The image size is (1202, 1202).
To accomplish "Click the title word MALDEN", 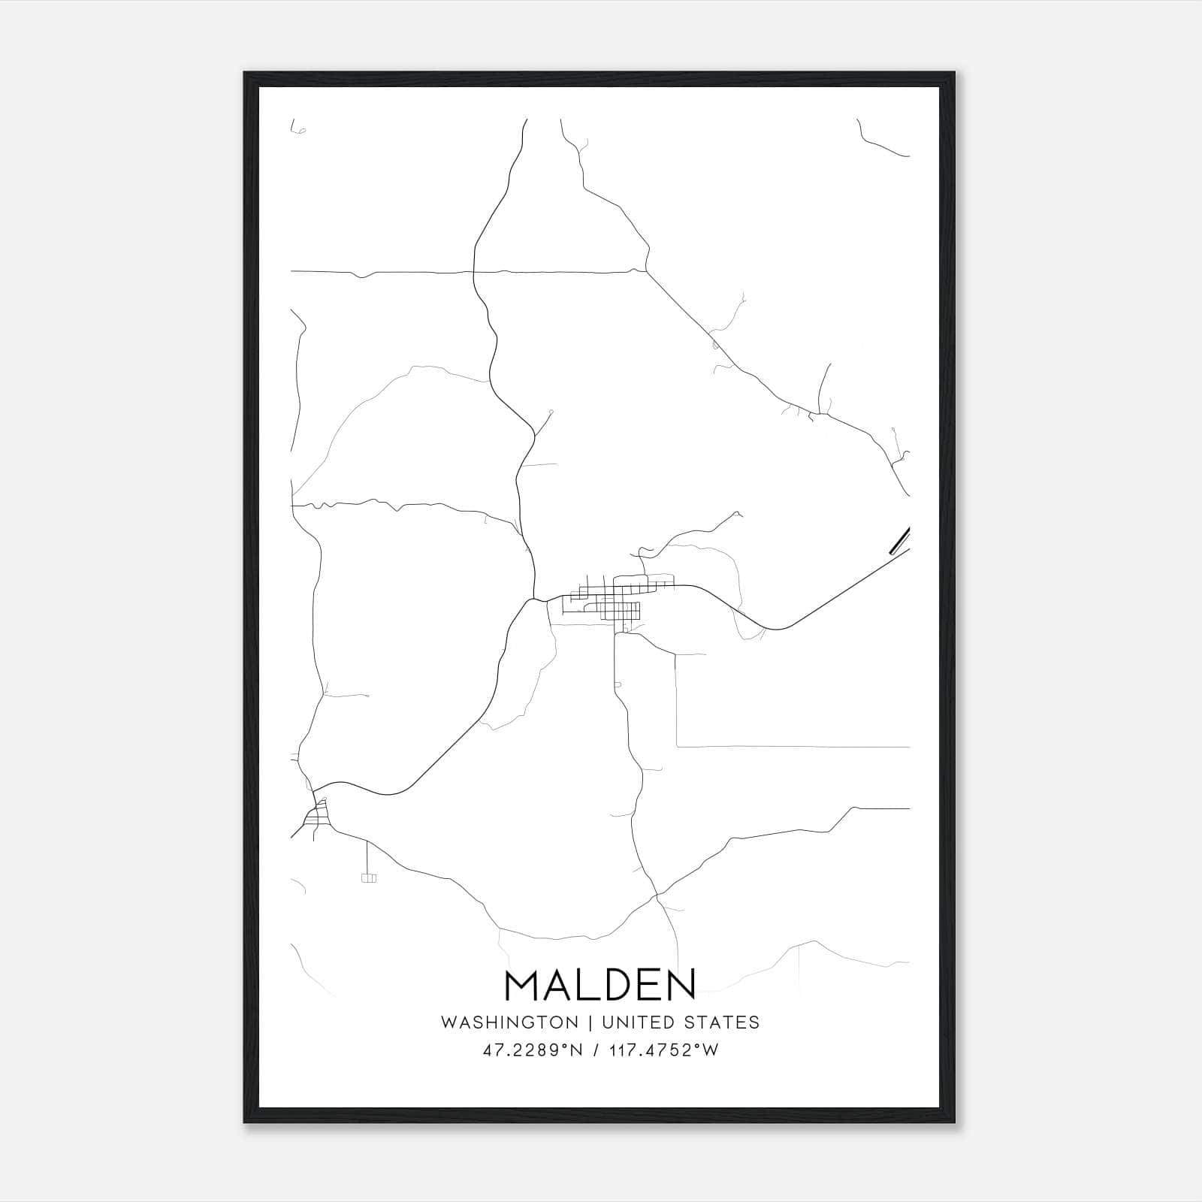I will coord(600,985).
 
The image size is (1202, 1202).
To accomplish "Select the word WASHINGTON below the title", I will coord(509,1022).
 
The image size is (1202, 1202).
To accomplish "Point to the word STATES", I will coord(722,1022).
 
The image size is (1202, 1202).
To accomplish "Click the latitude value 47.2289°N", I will coord(533,1050).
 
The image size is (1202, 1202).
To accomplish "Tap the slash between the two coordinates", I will coord(596,1050).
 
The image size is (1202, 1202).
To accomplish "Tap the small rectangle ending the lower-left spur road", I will coord(368,877).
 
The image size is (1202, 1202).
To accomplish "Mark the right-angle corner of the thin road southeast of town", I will coord(677,746).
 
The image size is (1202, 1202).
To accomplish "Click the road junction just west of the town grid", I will coord(534,599).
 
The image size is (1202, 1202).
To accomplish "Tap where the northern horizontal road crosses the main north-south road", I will coord(475,272).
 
